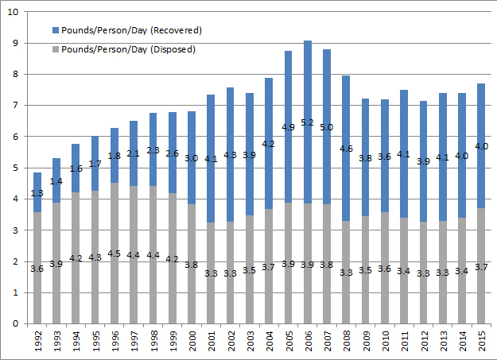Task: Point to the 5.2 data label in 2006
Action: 307,123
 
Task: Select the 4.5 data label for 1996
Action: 115,254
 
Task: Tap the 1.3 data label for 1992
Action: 37,193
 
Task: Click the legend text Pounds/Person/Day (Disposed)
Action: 128,48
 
